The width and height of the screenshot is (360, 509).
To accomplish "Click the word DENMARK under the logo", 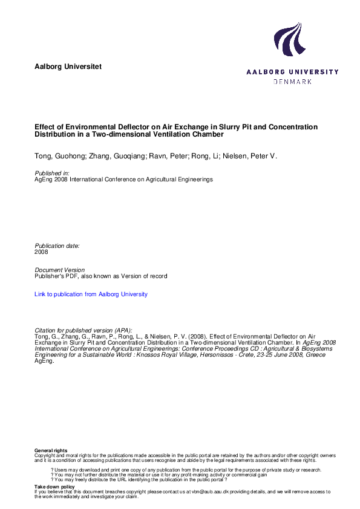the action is coord(292,81).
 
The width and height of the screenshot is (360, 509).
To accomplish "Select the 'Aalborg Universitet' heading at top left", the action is coord(68,66).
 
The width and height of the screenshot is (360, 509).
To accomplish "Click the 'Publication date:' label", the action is coord(57,246).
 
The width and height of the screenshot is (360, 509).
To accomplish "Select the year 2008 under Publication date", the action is coord(41,252).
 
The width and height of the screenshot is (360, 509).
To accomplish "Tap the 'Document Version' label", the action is coord(60,270).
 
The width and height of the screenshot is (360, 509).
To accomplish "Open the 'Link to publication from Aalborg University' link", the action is coord(91,294).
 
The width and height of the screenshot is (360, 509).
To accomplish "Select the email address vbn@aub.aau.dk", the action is coord(208,491).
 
